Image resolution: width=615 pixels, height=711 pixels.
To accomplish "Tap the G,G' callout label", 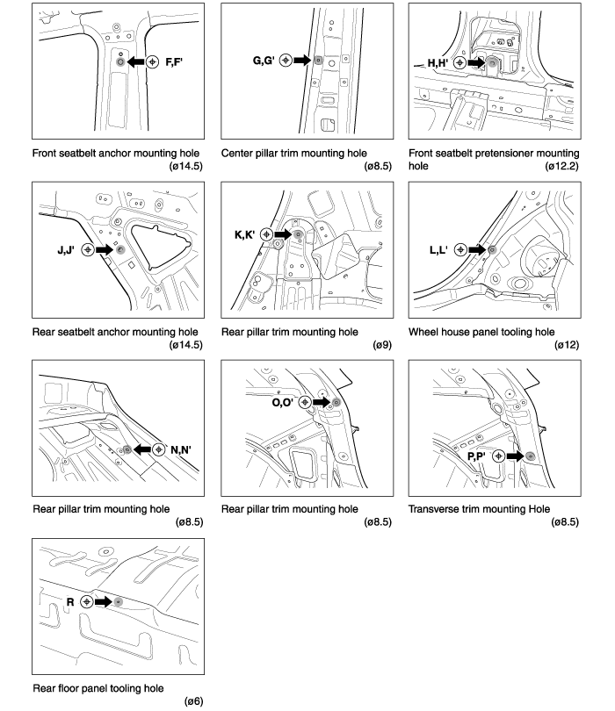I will (264, 61).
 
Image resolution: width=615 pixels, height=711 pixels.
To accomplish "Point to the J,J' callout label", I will (65, 250).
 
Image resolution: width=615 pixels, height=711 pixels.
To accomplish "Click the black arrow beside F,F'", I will (136, 62).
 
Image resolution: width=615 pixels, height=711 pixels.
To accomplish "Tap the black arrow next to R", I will (103, 602).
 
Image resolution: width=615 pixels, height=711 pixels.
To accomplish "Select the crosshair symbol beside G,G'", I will (286, 61).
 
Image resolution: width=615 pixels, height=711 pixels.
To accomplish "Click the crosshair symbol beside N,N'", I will (158, 449).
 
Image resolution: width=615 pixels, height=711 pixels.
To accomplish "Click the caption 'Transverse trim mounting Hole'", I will (479, 508).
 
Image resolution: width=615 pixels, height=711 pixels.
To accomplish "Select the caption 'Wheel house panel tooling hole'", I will (481, 332).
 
